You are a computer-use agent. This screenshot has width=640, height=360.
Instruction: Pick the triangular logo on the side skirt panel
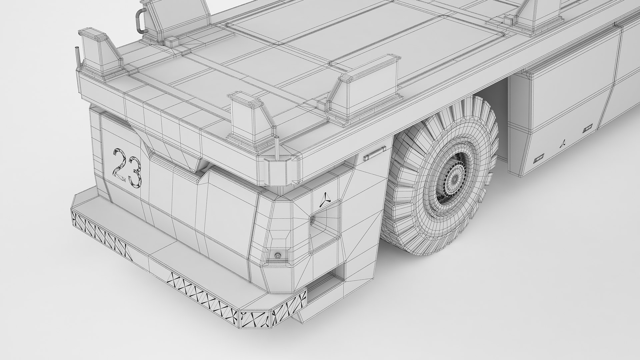563,143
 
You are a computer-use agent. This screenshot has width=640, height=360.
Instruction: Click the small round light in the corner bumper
277,255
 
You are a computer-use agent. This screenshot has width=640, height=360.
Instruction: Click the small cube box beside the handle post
171,41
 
